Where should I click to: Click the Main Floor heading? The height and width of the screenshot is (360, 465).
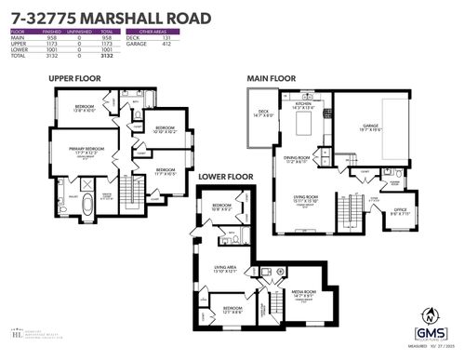tap(272, 79)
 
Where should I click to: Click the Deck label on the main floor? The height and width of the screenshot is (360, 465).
tap(264, 113)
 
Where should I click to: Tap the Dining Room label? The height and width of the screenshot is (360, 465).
tap(300, 158)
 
